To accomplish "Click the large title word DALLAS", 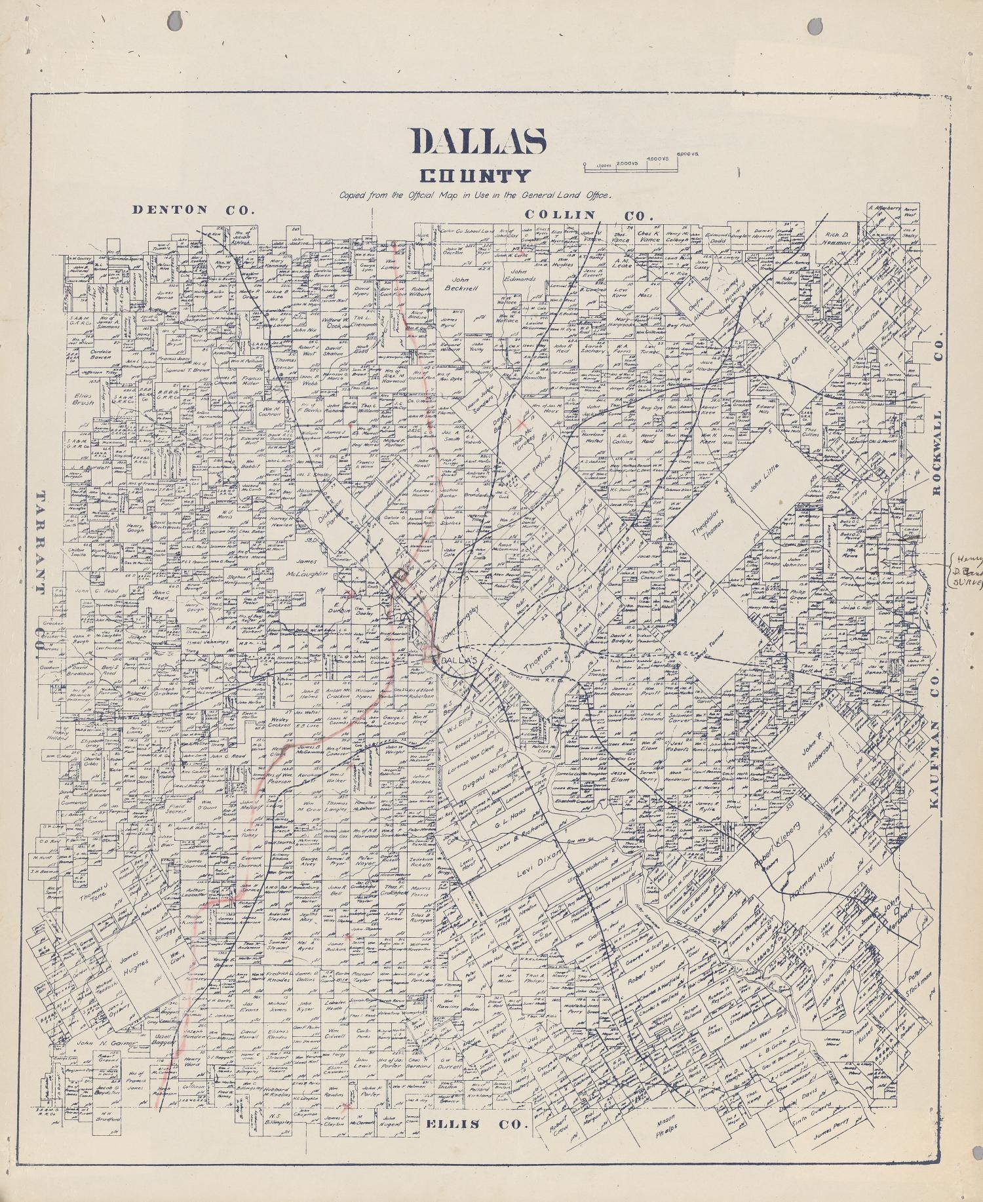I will (x=478, y=140).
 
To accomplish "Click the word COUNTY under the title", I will (x=475, y=176).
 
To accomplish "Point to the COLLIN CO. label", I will (x=589, y=215).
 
